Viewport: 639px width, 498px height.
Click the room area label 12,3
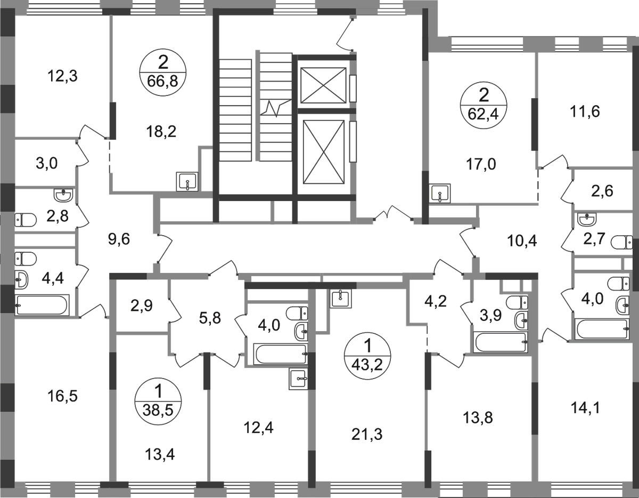tap(62, 76)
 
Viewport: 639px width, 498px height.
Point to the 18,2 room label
tap(161, 132)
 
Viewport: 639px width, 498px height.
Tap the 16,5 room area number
tap(62, 397)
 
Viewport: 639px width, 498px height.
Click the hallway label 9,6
tap(119, 240)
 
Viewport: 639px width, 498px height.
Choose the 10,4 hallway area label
tap(522, 241)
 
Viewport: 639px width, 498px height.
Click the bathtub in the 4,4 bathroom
tap(43, 305)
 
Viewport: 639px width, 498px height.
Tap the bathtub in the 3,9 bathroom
tap(501, 342)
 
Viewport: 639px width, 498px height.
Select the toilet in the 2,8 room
tap(25, 220)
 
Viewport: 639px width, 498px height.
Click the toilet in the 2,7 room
tap(621, 242)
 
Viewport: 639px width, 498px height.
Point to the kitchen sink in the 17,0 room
tap(440, 194)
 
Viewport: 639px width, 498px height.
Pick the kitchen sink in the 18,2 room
tap(187, 182)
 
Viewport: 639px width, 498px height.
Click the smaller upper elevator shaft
tap(323, 85)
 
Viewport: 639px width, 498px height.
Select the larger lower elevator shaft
tap(323, 152)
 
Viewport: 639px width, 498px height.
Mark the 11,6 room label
tap(585, 112)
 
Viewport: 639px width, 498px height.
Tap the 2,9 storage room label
tap(142, 306)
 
